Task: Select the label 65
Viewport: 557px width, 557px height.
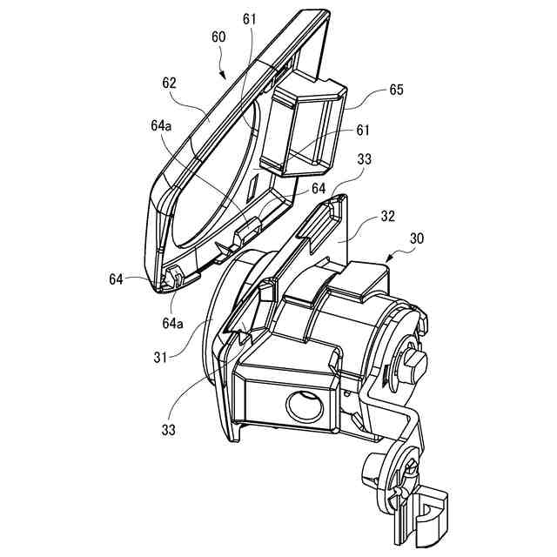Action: coord(396,89)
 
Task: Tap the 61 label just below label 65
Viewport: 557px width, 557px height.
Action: coord(363,131)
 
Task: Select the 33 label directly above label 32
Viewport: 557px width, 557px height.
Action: coord(364,159)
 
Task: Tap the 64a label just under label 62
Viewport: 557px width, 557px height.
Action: coord(160,127)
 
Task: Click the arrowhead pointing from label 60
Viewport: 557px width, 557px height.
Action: coord(228,79)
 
